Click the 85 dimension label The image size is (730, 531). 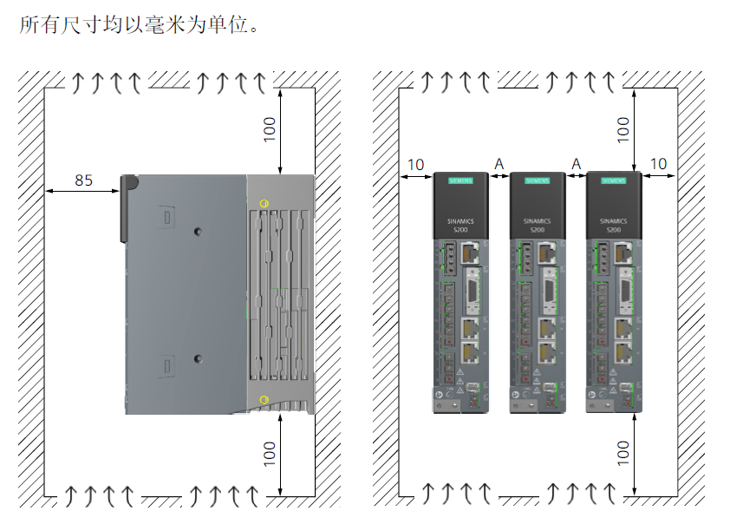point(83,180)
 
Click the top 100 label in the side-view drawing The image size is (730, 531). point(270,129)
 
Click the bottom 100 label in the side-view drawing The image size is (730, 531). point(270,454)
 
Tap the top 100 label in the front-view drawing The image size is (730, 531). point(623,129)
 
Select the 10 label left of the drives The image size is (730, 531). point(415,164)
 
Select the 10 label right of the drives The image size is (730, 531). point(659,164)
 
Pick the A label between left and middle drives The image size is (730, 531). point(499,164)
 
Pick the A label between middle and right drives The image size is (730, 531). point(576,164)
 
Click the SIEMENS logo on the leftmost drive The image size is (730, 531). point(460,181)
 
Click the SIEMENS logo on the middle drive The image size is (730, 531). point(537,181)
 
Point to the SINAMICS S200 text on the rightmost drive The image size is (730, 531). point(613,225)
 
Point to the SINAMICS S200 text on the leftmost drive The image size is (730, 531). point(460,225)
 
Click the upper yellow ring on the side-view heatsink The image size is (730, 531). point(264,204)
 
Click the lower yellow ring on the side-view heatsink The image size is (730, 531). point(264,400)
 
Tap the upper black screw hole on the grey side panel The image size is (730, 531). point(199,232)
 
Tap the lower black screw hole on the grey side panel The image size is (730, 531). point(199,358)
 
